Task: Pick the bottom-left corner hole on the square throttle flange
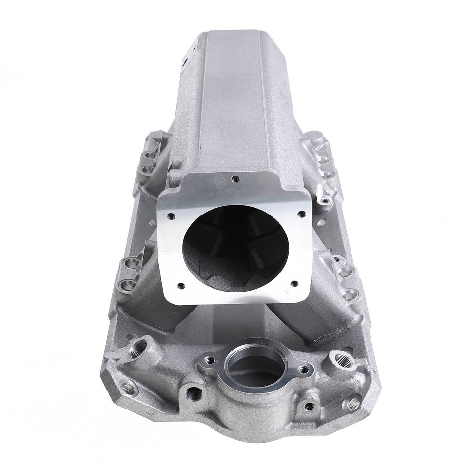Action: (x=180, y=286)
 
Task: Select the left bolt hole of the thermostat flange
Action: (x=210, y=360)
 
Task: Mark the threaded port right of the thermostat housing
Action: (x=338, y=362)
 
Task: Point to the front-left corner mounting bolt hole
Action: (x=128, y=388)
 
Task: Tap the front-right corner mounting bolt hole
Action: (x=352, y=403)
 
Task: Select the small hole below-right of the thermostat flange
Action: (x=309, y=406)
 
